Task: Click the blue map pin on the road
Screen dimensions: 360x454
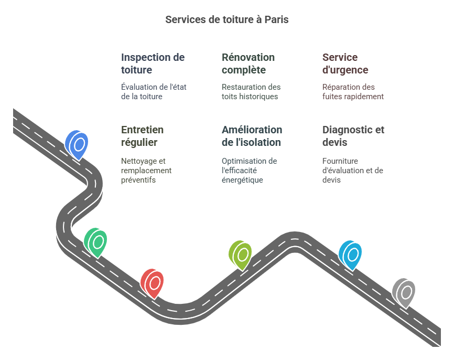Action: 77,144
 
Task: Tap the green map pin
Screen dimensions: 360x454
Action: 96,242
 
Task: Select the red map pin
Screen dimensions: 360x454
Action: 153,283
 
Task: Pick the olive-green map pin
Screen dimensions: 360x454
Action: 241,255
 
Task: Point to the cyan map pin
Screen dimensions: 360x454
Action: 351,255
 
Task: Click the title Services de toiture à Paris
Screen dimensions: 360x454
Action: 226,19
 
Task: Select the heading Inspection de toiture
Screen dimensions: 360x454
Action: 153,63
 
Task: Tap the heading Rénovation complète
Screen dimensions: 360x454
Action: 248,63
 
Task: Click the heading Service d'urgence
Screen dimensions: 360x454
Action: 345,63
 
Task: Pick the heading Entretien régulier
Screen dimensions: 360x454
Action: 142,136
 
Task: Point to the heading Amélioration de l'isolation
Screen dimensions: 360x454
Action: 252,136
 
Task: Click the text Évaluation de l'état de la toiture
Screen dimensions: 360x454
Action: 154,92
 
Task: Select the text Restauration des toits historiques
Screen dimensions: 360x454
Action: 251,92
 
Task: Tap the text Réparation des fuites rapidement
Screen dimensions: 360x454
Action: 353,92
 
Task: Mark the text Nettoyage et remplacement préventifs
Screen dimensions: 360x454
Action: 146,171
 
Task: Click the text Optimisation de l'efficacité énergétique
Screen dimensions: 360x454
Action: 249,171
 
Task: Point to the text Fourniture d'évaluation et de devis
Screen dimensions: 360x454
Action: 352,171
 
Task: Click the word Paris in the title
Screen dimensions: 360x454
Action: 276,19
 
